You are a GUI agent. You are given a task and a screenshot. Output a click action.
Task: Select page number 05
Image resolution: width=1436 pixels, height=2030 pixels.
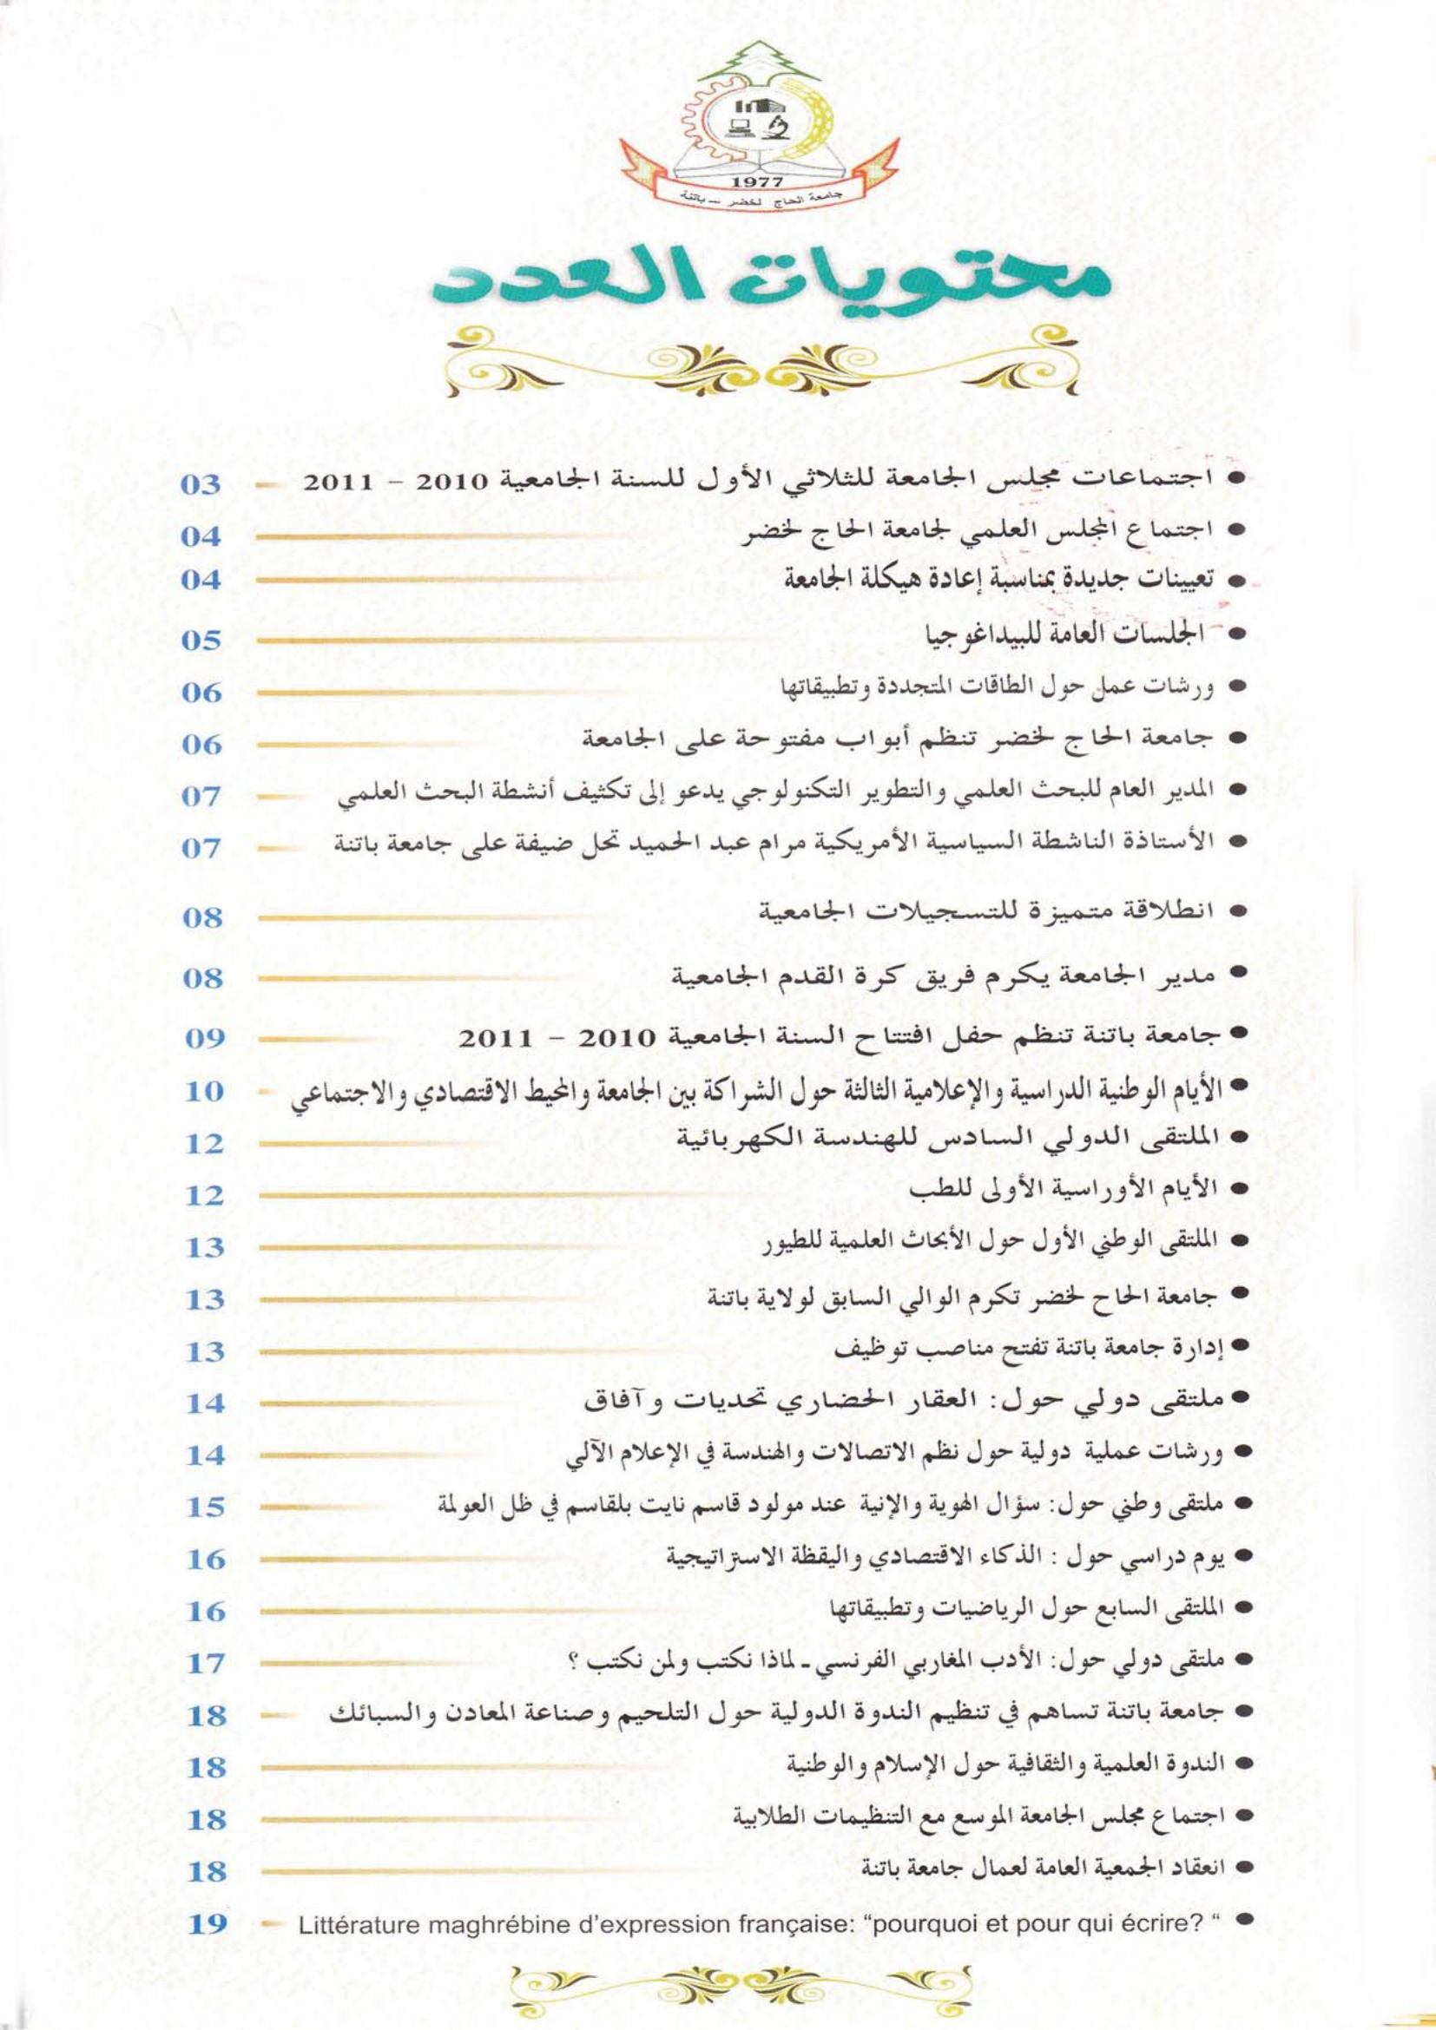coord(200,641)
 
